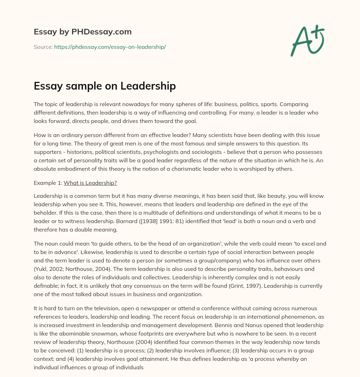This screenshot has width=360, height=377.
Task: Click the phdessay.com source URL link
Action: point(110,47)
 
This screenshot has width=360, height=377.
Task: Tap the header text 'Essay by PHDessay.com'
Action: point(83,32)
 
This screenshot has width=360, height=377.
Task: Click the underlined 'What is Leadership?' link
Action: point(90,183)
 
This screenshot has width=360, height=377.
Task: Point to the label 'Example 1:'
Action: point(48,183)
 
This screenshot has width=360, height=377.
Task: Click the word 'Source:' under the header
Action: point(43,47)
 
